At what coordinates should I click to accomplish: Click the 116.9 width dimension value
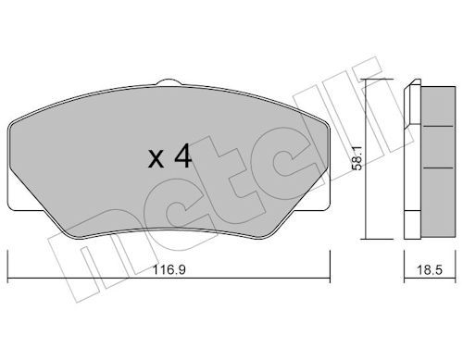[169, 270]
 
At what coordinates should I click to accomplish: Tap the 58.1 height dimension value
[357, 158]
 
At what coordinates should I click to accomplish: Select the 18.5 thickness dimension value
[430, 270]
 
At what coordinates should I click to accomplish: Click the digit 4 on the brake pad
[183, 155]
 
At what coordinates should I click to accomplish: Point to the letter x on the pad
[156, 160]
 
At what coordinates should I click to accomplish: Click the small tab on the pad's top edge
[169, 82]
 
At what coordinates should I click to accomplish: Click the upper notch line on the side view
[438, 126]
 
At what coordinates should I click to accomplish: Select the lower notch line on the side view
[438, 168]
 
